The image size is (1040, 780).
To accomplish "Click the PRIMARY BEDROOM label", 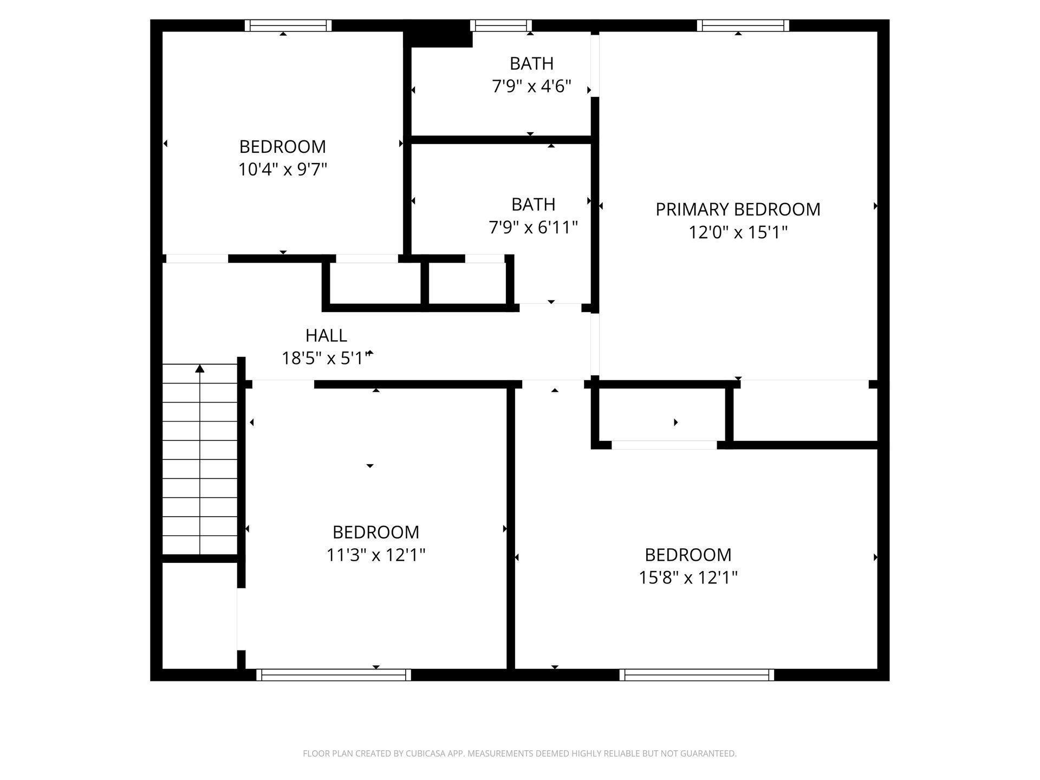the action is pos(738,210).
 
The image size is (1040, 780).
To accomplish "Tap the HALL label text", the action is pos(326,336).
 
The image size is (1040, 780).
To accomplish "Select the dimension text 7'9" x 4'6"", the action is pos(532,87).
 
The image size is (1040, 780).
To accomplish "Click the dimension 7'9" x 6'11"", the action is pos(534,227).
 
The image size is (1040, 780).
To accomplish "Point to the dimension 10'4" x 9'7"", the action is pos(283,170).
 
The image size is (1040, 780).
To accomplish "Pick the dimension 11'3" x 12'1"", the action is pos(376,555).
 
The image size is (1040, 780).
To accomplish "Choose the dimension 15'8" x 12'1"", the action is pos(688,578).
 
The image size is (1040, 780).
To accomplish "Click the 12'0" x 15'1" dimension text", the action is pos(738,232).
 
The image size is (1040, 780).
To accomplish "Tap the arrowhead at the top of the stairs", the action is pos(200,369).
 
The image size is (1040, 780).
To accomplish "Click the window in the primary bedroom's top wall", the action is pos(743,25).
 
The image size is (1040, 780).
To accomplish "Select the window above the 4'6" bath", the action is pos(501,25).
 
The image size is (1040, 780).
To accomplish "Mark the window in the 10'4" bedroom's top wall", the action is pos(288,25).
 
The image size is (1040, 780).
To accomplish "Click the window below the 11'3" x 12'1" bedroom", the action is pos(334,675).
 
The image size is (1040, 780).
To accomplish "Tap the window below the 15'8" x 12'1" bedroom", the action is pos(697,675).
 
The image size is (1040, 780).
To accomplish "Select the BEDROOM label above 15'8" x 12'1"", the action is pos(688,555).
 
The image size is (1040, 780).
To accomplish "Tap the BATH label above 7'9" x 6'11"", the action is pos(534,205).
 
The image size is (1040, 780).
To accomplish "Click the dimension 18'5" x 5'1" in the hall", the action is pos(327,359).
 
